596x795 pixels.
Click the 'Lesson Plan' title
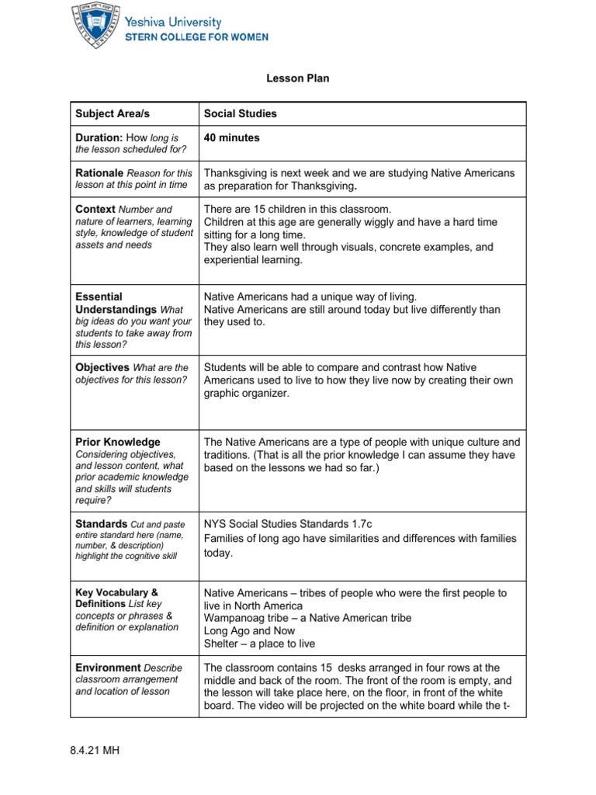297,78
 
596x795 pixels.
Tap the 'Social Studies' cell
240,113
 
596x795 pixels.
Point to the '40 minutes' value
231,137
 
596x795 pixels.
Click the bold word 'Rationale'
99,172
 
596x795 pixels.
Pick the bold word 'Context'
95,209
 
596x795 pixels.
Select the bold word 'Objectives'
102,366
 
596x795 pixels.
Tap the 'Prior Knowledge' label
118,442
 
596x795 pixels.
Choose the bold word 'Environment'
108,667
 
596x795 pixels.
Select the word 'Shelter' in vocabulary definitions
221,643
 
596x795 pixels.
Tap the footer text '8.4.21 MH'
94,752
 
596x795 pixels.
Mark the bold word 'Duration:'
99,137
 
